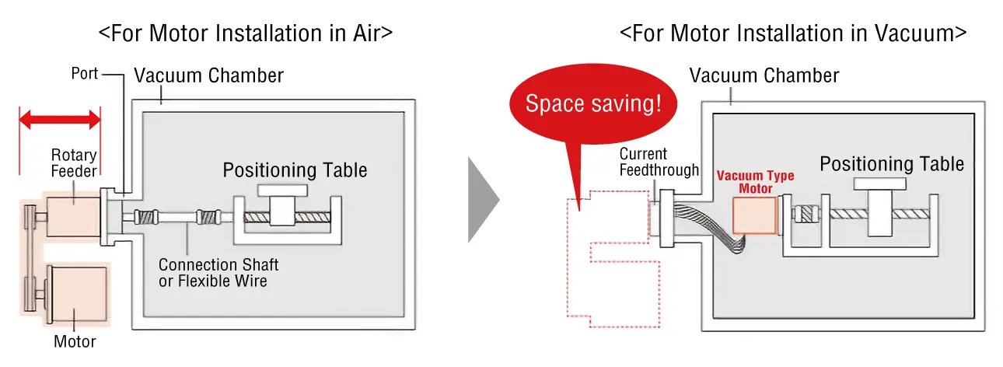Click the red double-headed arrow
click(60, 120)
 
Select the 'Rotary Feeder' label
click(74, 163)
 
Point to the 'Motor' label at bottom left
click(74, 341)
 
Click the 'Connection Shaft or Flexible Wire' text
click(218, 272)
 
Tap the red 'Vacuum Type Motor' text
click(755, 182)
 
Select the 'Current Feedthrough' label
click(659, 162)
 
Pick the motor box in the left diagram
click(79, 289)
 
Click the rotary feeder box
click(75, 214)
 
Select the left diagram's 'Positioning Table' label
click(295, 170)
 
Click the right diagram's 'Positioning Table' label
click(892, 164)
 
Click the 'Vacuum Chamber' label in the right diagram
click(764, 75)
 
